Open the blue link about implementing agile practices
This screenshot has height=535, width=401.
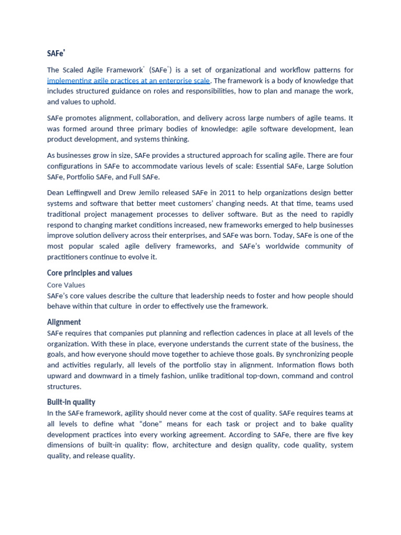point(128,80)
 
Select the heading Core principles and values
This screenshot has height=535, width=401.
point(90,273)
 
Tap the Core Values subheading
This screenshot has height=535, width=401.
point(66,285)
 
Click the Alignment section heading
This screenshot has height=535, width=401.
point(64,322)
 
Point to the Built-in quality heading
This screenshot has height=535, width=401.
point(71,402)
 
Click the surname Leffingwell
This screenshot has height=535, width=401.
point(90,192)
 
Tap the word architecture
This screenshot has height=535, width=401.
point(192,445)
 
